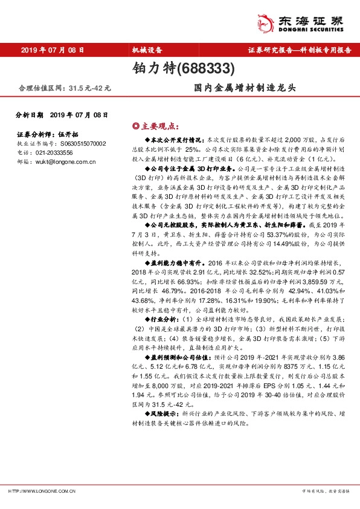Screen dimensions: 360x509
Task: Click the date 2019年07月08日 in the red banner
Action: point(51,50)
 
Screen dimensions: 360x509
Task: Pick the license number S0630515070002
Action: point(79,144)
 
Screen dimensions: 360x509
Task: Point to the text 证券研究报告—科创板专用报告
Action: point(300,50)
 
